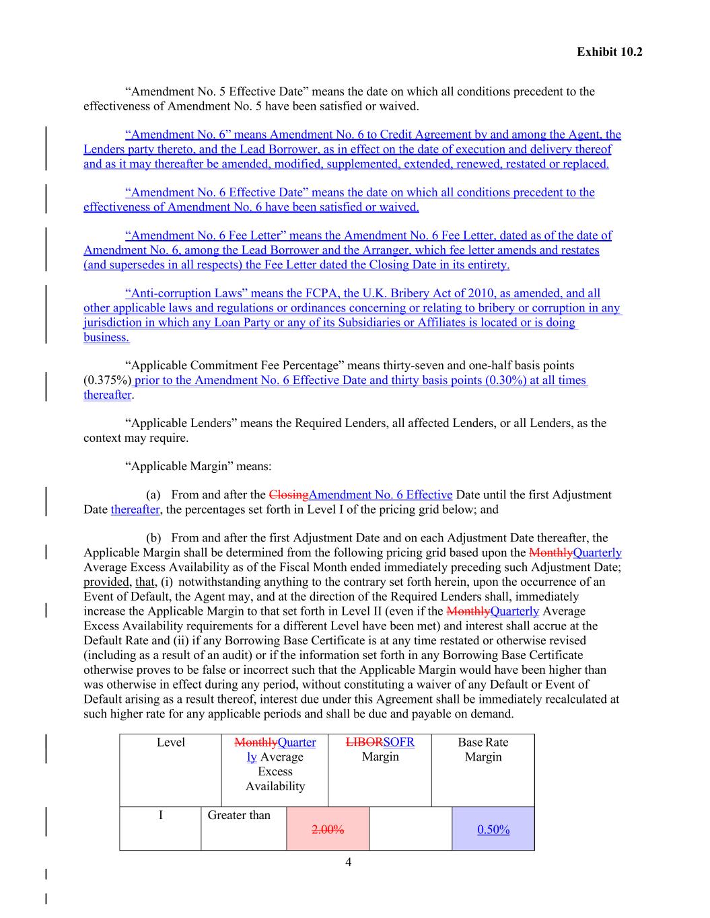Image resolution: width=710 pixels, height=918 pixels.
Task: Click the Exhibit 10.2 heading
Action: (x=609, y=52)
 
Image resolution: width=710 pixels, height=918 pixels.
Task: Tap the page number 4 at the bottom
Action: (x=348, y=862)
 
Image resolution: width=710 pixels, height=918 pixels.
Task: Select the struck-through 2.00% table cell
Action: (x=328, y=829)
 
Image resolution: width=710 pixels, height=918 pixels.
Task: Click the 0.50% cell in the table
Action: (x=493, y=829)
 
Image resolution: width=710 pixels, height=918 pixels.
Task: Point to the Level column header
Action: (x=171, y=742)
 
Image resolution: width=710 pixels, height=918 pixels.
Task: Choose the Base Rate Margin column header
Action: (x=483, y=749)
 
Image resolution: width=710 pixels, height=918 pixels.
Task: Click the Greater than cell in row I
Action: (x=239, y=815)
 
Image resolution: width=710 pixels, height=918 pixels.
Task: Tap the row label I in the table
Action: (x=160, y=815)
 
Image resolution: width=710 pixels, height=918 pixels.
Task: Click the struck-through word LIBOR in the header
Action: (x=364, y=742)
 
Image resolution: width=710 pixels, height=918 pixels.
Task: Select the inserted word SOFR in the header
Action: (x=398, y=742)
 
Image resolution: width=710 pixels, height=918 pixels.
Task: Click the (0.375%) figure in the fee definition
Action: (x=108, y=381)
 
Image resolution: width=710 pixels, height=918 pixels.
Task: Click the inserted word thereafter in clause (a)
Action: (x=135, y=510)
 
